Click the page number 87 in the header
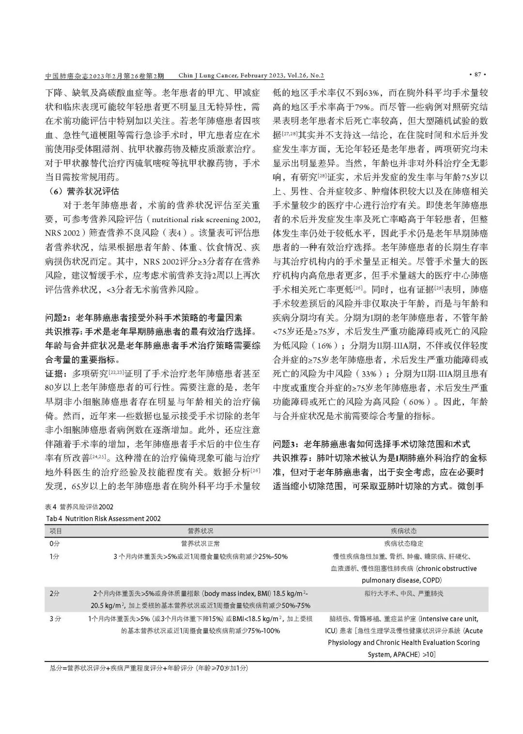click(x=477, y=75)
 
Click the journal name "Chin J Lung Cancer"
click(x=206, y=76)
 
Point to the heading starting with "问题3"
click(x=371, y=444)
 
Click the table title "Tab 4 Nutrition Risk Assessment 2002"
click(x=103, y=518)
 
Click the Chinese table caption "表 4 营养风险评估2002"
click(x=79, y=507)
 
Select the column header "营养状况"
click(x=200, y=531)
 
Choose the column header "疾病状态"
click(x=403, y=531)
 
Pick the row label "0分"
click(x=54, y=543)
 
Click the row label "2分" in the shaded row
click(x=55, y=593)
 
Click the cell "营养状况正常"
click(x=200, y=543)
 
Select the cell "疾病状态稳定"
click(x=403, y=543)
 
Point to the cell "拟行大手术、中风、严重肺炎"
click(x=403, y=593)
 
